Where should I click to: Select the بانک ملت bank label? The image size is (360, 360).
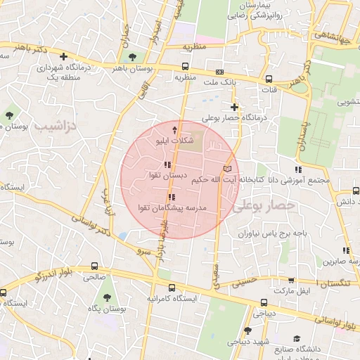pyautogui.click(x=217, y=83)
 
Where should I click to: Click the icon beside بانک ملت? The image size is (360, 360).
pyautogui.click(x=220, y=72)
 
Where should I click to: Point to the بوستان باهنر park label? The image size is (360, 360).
pyautogui.click(x=131, y=69)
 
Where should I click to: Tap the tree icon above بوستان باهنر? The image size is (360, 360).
pyautogui.click(x=131, y=57)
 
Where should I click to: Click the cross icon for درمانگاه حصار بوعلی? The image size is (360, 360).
pyautogui.click(x=234, y=108)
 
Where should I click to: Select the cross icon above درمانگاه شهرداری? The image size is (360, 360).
pyautogui.click(x=64, y=56)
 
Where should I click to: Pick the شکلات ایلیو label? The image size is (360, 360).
pyautogui.click(x=174, y=141)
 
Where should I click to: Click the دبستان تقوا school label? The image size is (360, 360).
pyautogui.click(x=166, y=174)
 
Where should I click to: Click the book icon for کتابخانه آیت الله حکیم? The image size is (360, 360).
pyautogui.click(x=226, y=169)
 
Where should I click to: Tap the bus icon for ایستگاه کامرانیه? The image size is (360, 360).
pyautogui.click(x=172, y=288)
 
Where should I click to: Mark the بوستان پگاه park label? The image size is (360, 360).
pyautogui.click(x=108, y=309)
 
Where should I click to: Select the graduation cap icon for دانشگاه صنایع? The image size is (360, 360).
pyautogui.click(x=297, y=338)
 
